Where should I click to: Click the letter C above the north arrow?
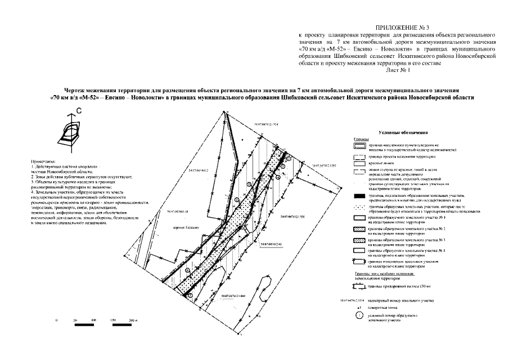pos(79,112)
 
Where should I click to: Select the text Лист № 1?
pos(398,71)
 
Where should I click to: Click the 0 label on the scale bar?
pos(57,320)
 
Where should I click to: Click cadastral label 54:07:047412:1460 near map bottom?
pos(233,296)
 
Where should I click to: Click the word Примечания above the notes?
pos(43,161)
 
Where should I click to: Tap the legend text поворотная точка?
pos(385,309)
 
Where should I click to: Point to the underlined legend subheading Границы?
pos(361,139)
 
